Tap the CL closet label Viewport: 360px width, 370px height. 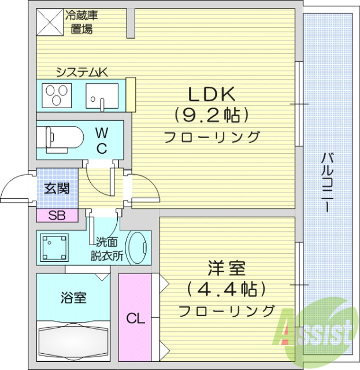tap(136, 319)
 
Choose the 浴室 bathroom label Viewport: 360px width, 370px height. tap(74, 298)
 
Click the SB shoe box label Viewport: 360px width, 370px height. tap(57, 216)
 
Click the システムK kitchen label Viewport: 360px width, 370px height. tap(81, 72)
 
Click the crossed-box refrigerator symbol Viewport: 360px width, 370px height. tap(49, 22)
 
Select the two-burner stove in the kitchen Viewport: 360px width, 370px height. tap(56, 95)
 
